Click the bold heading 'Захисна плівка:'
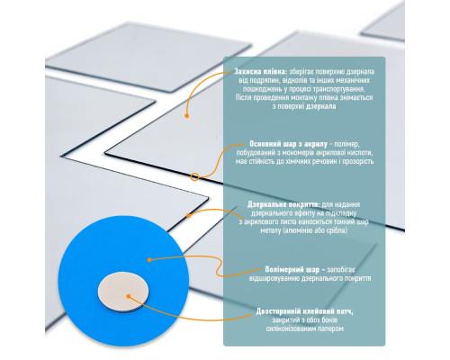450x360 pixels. pyautogui.click(x=261, y=72)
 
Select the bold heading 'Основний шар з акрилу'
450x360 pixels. pyautogui.click(x=288, y=144)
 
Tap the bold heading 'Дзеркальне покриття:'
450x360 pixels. pyautogui.click(x=283, y=204)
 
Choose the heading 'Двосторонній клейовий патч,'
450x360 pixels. pyautogui.click(x=305, y=311)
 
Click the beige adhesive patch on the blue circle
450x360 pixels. pyautogui.click(x=123, y=292)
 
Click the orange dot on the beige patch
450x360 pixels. pyautogui.click(x=129, y=296)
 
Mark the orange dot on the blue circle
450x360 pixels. pyautogui.click(x=149, y=260)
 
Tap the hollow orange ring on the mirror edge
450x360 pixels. pyautogui.click(x=194, y=176)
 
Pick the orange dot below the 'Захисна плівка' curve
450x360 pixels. pyautogui.click(x=186, y=116)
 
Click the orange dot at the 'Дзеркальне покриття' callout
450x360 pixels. pyautogui.click(x=188, y=215)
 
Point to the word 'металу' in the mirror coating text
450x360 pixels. pyautogui.click(x=270, y=230)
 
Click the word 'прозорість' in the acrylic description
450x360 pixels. pyautogui.click(x=356, y=162)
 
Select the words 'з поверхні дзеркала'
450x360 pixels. pyautogui.click(x=304, y=106)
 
